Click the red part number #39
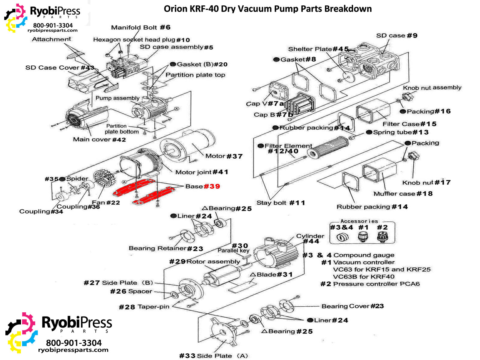tap(212, 186)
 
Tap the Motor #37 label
tap(224, 156)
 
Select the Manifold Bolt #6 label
tap(141, 27)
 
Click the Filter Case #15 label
tap(409, 124)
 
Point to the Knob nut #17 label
tap(426, 182)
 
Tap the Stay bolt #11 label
tap(280, 203)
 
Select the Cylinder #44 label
tap(310, 238)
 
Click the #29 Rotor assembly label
tap(205, 262)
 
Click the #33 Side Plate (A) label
tap(214, 356)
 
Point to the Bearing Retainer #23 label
tap(166, 248)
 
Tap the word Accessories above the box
tap(359, 221)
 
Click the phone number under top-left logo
tap(53, 25)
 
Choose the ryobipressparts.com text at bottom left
tap(73, 350)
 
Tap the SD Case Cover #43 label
tap(60, 68)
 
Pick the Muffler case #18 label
tap(403, 194)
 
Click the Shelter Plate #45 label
tap(318, 49)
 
